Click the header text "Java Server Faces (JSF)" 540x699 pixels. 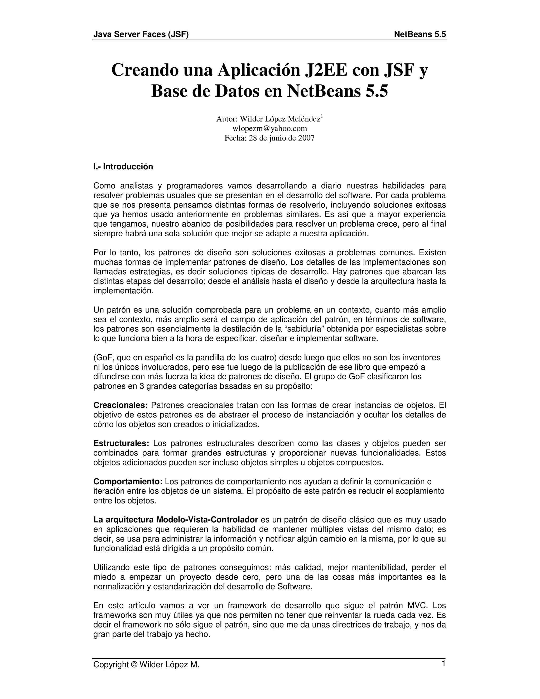coord(141,34)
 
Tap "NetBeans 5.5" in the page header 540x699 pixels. coord(420,34)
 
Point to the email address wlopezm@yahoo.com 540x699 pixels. coord(270,128)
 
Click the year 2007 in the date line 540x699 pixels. coord(306,138)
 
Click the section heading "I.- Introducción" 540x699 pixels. coord(123,167)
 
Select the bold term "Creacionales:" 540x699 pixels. coord(120,405)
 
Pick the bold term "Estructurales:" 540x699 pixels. coord(121,443)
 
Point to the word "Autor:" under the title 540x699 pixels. coord(227,119)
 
